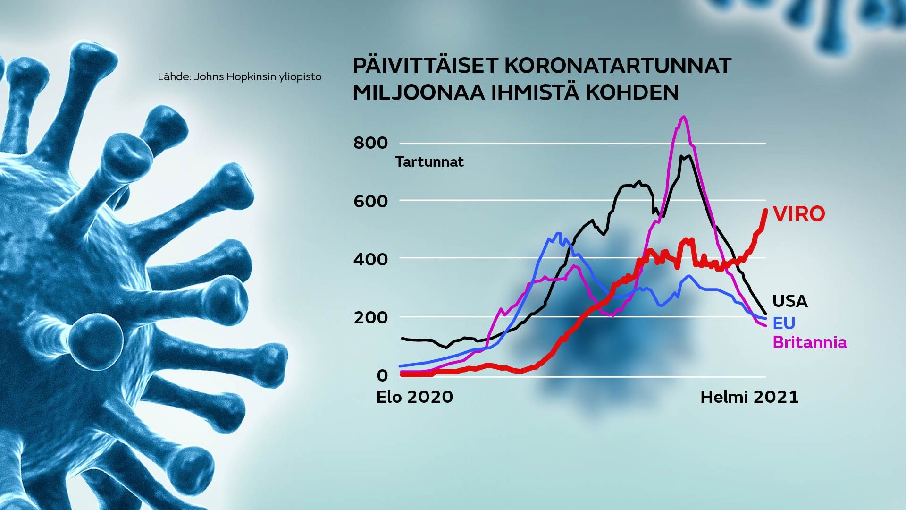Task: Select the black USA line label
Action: coord(790,301)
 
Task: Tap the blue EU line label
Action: coord(784,323)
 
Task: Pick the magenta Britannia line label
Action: coord(810,342)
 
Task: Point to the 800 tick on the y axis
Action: coord(370,143)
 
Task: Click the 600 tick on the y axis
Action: coord(370,201)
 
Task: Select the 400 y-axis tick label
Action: coord(370,259)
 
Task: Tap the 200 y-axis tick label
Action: coord(370,317)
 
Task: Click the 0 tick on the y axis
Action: coord(382,375)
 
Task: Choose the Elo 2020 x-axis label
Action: coord(415,397)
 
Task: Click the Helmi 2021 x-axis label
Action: coord(749,397)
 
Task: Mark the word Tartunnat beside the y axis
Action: coord(430,162)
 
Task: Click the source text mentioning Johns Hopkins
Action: coord(240,76)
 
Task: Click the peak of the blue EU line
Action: coord(559,233)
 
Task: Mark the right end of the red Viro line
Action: coord(765,210)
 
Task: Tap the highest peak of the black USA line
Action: coord(688,155)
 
